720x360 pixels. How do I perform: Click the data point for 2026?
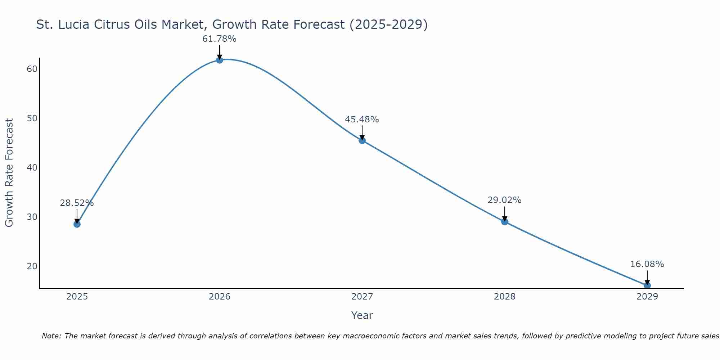pos(219,60)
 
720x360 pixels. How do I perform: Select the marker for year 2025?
pos(77,224)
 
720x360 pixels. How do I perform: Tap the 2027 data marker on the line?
pos(362,140)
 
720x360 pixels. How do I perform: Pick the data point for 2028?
pos(504,221)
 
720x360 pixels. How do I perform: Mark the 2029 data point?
pos(647,285)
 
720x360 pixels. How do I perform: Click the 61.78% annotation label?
pos(219,39)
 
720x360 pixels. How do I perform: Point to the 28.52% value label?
pos(77,203)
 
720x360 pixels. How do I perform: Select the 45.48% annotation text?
pos(362,120)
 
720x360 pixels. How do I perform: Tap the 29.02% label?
pos(504,200)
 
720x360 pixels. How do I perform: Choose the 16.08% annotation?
pos(647,264)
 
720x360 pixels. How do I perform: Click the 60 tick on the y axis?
pos(32,69)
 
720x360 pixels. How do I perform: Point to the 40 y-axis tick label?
pos(32,168)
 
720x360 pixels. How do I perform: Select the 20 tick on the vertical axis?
pos(32,266)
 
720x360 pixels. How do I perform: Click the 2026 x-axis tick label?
pos(219,297)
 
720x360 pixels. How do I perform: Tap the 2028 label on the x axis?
pos(504,297)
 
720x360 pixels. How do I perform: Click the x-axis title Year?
pos(362,315)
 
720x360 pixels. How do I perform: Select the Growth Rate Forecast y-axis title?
pos(9,173)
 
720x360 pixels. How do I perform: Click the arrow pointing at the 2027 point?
pos(362,132)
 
